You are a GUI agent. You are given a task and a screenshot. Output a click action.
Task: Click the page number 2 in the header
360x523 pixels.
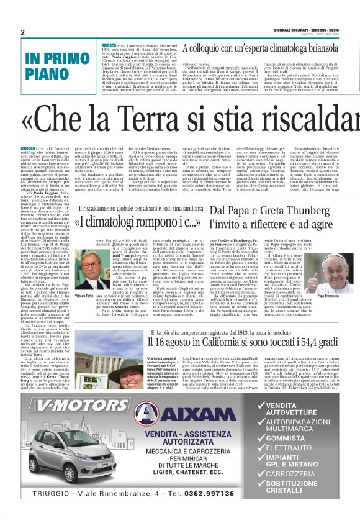tap(23, 32)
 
